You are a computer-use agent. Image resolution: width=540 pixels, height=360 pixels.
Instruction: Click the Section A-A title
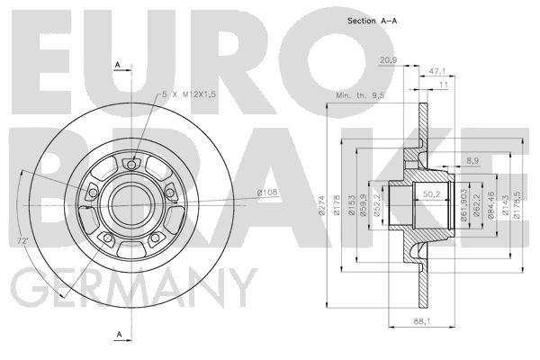[x=372, y=21]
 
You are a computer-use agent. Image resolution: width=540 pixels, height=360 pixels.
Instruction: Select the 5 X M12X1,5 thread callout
[x=189, y=94]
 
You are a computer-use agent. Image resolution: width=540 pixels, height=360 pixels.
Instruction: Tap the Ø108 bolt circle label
[x=267, y=193]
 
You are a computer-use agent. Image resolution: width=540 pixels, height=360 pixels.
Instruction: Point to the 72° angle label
[x=22, y=241]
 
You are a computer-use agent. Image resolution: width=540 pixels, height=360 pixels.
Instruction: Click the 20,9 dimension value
[x=388, y=60]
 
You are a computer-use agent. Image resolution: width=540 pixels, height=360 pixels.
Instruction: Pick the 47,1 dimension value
[x=437, y=71]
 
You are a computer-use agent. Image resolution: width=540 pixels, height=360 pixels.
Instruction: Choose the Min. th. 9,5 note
[x=360, y=95]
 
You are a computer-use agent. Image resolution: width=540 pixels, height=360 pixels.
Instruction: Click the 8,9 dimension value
[x=472, y=160]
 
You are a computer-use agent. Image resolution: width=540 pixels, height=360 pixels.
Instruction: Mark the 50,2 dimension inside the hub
[x=432, y=194]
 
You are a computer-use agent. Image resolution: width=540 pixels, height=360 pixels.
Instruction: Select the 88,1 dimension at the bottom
[x=422, y=321]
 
